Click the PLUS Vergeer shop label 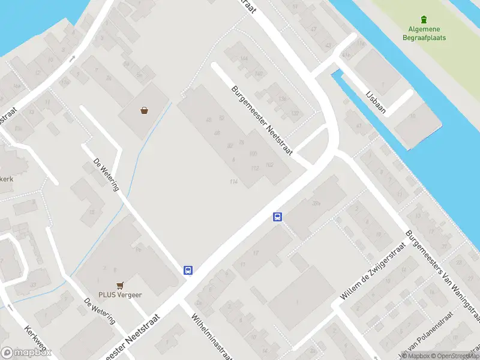(121, 295)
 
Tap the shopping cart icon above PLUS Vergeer (121, 286)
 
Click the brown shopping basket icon (144, 110)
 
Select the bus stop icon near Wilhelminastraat (188, 270)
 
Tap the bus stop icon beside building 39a (277, 217)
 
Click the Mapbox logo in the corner (26, 353)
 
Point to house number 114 (233, 182)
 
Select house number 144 (243, 58)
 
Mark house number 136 (282, 99)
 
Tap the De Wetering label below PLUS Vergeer (100, 311)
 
